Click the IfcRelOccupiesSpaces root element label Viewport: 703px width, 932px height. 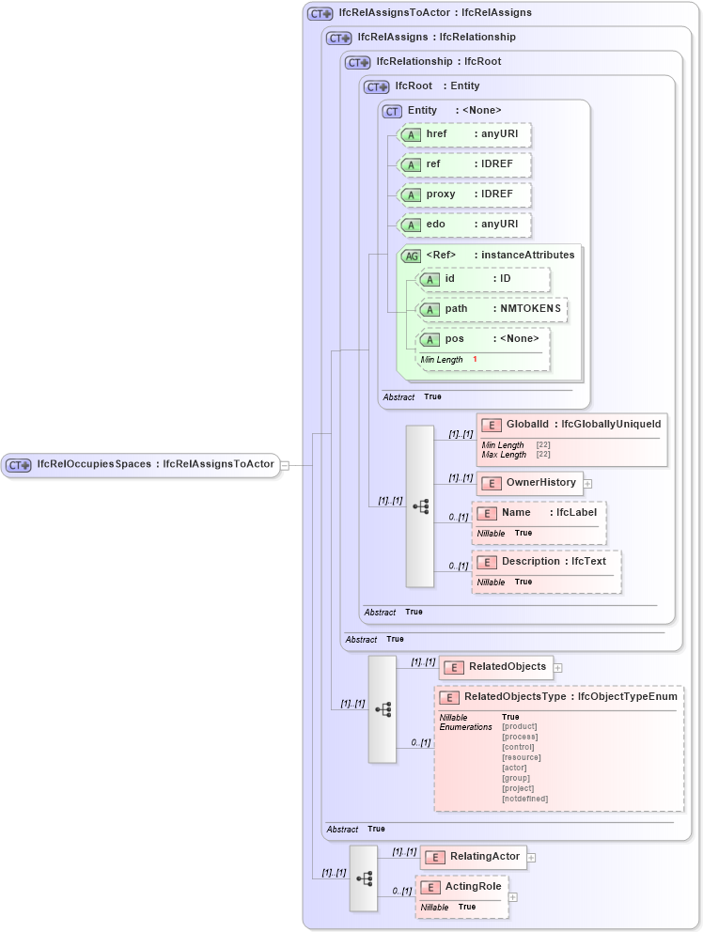[x=141, y=464]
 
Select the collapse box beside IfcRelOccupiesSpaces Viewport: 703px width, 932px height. [x=285, y=464]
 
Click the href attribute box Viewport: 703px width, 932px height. [x=465, y=134]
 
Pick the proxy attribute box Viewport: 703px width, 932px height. [x=465, y=194]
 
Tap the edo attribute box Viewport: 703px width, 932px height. [x=465, y=225]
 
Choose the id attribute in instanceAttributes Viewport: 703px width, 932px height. [x=484, y=279]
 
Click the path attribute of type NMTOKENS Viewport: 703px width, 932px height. [x=492, y=309]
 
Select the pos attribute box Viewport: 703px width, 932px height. [x=484, y=339]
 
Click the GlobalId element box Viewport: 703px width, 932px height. [x=572, y=426]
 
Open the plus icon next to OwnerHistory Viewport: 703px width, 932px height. [x=588, y=483]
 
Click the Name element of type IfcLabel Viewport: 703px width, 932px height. [x=539, y=513]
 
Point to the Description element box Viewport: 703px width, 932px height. [x=546, y=562]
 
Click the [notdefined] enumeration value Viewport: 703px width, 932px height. [x=524, y=799]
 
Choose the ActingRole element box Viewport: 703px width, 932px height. [x=461, y=887]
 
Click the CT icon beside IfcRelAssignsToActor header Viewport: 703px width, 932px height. [x=320, y=13]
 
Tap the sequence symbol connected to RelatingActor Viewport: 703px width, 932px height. [x=364, y=878]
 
